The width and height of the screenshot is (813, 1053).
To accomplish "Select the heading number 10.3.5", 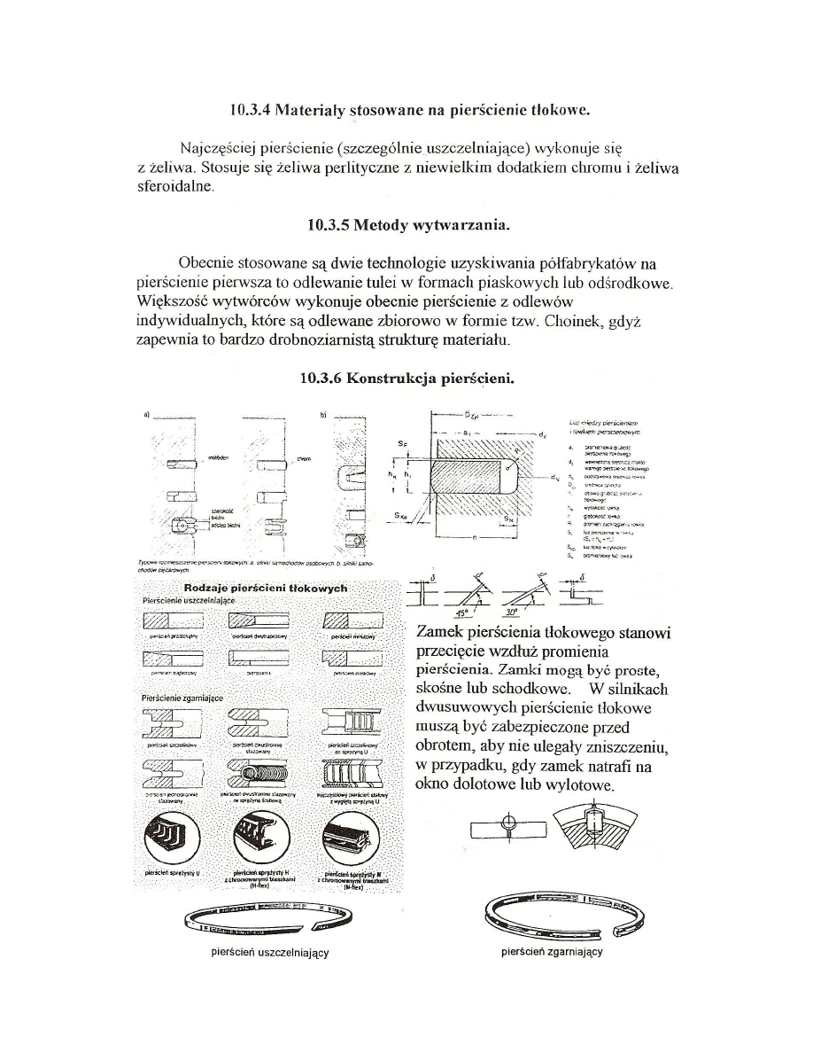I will (327, 224).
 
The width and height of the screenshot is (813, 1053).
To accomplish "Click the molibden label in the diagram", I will (219, 458).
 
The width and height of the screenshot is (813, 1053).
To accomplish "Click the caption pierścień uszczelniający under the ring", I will (267, 953).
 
